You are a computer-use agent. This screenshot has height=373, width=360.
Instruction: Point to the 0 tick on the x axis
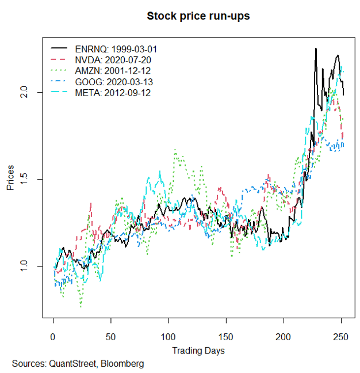coord(53,336)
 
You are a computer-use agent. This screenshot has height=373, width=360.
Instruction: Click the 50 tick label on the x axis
coord(110,336)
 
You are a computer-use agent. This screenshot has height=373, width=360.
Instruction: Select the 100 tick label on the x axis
coord(168,336)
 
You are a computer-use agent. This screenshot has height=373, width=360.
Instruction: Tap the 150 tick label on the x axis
coord(226,336)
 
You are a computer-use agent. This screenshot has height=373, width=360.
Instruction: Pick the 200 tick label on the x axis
coord(284,336)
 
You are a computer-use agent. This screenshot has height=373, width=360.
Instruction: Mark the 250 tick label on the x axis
coord(341,336)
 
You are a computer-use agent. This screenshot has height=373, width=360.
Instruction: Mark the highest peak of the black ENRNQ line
coord(316,48)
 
